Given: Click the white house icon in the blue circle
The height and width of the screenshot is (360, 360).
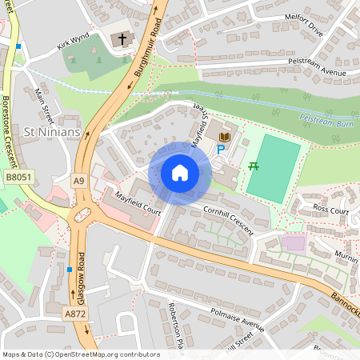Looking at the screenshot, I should [x=180, y=172].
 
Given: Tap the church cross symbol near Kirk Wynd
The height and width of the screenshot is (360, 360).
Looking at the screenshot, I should [x=122, y=38].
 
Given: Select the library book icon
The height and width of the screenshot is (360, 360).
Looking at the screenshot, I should [x=224, y=138].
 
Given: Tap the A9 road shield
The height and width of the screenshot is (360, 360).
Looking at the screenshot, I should [x=79, y=181].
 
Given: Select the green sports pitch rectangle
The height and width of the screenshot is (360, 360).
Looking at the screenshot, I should [x=274, y=168].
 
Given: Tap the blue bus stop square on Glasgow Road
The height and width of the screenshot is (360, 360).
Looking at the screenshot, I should [x=70, y=270].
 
